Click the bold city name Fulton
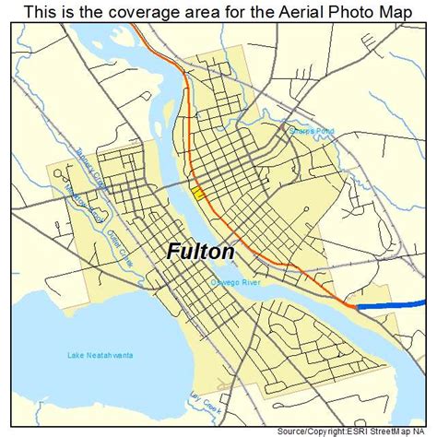201,251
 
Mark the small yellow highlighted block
199,192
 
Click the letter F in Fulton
174,251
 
